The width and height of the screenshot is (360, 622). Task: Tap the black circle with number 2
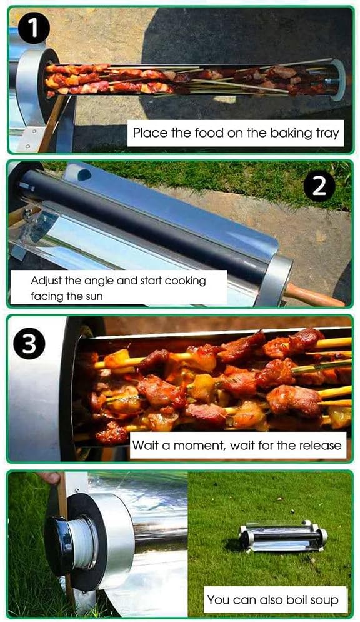pyautogui.click(x=319, y=186)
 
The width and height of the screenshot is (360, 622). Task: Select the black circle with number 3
pyautogui.click(x=29, y=344)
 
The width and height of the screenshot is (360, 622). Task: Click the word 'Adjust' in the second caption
pyautogui.click(x=46, y=281)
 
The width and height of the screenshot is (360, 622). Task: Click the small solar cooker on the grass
pyautogui.click(x=282, y=536)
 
